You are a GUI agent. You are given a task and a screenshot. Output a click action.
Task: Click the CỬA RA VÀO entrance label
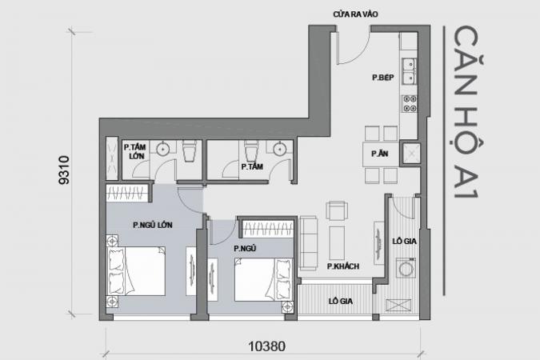coord(355,14)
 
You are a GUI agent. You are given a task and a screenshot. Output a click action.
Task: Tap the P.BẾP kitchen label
coord(383,78)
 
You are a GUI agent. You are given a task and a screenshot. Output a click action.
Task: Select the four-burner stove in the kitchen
coord(410,104)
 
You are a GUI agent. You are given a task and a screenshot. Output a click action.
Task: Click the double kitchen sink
coord(409,71)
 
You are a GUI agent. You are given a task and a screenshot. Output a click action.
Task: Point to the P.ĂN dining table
coord(380,154)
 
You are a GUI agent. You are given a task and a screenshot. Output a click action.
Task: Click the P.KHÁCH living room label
coord(343,266)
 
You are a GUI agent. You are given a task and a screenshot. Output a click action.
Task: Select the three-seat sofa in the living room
coord(308,242)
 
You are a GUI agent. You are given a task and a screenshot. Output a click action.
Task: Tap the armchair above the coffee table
coord(337,210)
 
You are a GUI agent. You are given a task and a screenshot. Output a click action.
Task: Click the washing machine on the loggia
coord(406,268)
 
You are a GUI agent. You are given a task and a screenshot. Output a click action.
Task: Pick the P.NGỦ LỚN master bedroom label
coord(153,226)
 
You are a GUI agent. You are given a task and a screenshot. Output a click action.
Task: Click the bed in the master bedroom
coord(136,270)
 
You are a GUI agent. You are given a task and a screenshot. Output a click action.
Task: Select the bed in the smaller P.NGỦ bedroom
coord(263,279)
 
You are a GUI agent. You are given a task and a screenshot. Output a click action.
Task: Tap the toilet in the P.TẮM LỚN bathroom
coord(190,150)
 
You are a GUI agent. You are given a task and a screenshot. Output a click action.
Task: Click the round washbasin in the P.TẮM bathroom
coord(280,149)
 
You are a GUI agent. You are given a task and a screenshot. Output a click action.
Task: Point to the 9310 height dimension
coord(64,170)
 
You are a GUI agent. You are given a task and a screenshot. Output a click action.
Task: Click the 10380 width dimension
coord(267,346)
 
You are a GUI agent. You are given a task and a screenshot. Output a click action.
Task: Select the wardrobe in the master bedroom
coord(127,193)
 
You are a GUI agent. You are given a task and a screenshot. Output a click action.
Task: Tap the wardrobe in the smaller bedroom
coord(267,229)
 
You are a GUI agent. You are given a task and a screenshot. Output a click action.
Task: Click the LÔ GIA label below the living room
coord(341,302)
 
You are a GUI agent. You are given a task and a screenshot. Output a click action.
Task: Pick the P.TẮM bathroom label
coord(252,166)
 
